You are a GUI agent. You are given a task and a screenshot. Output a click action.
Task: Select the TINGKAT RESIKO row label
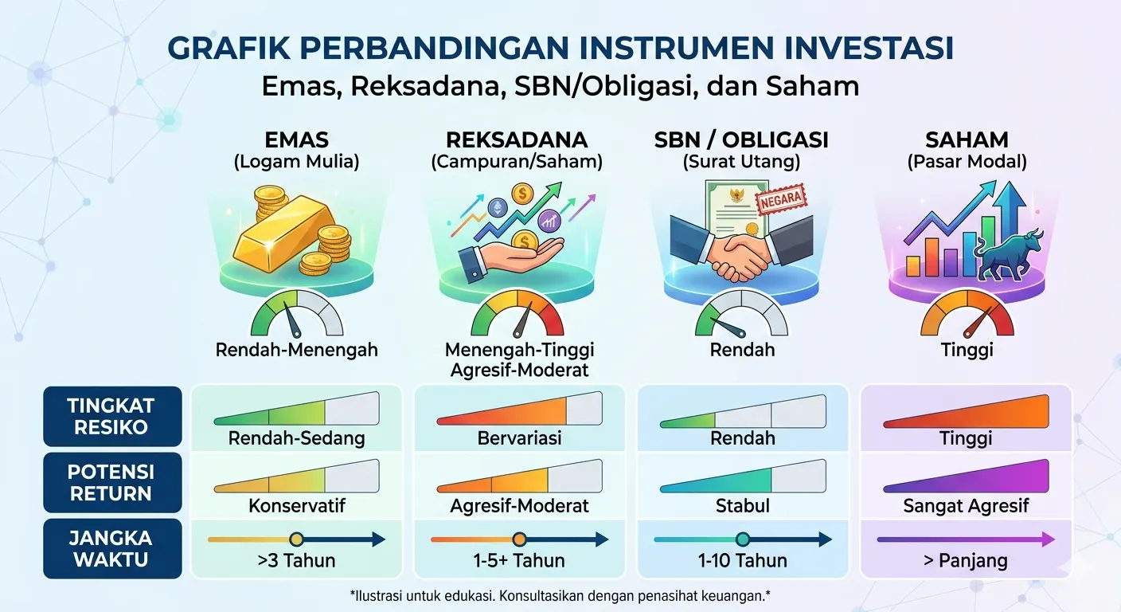click(111, 416)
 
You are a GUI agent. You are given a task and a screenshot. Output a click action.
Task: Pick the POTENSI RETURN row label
click(111, 482)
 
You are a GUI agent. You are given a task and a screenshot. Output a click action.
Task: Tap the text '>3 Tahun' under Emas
click(296, 561)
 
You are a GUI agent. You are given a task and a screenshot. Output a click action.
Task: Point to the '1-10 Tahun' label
click(742, 561)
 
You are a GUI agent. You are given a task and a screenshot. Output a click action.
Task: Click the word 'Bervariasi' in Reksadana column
click(519, 438)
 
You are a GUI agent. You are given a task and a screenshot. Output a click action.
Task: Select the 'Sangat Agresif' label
click(966, 506)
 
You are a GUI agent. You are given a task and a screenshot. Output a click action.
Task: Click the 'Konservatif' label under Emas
click(297, 506)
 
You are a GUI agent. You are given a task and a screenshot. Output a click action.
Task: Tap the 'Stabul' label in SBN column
click(742, 506)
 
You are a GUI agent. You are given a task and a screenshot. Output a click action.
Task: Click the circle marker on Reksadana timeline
click(520, 539)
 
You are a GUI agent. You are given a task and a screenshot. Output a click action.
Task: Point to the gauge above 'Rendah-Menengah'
click(296, 315)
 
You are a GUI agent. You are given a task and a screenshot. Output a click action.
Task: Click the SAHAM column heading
click(967, 140)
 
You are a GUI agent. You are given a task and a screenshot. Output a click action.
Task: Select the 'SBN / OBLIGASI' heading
click(741, 140)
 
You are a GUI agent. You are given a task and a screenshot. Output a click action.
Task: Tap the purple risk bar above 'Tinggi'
click(966, 411)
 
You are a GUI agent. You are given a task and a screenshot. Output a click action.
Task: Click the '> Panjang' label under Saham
click(965, 561)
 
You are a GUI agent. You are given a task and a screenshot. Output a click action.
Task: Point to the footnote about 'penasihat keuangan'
click(560, 595)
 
